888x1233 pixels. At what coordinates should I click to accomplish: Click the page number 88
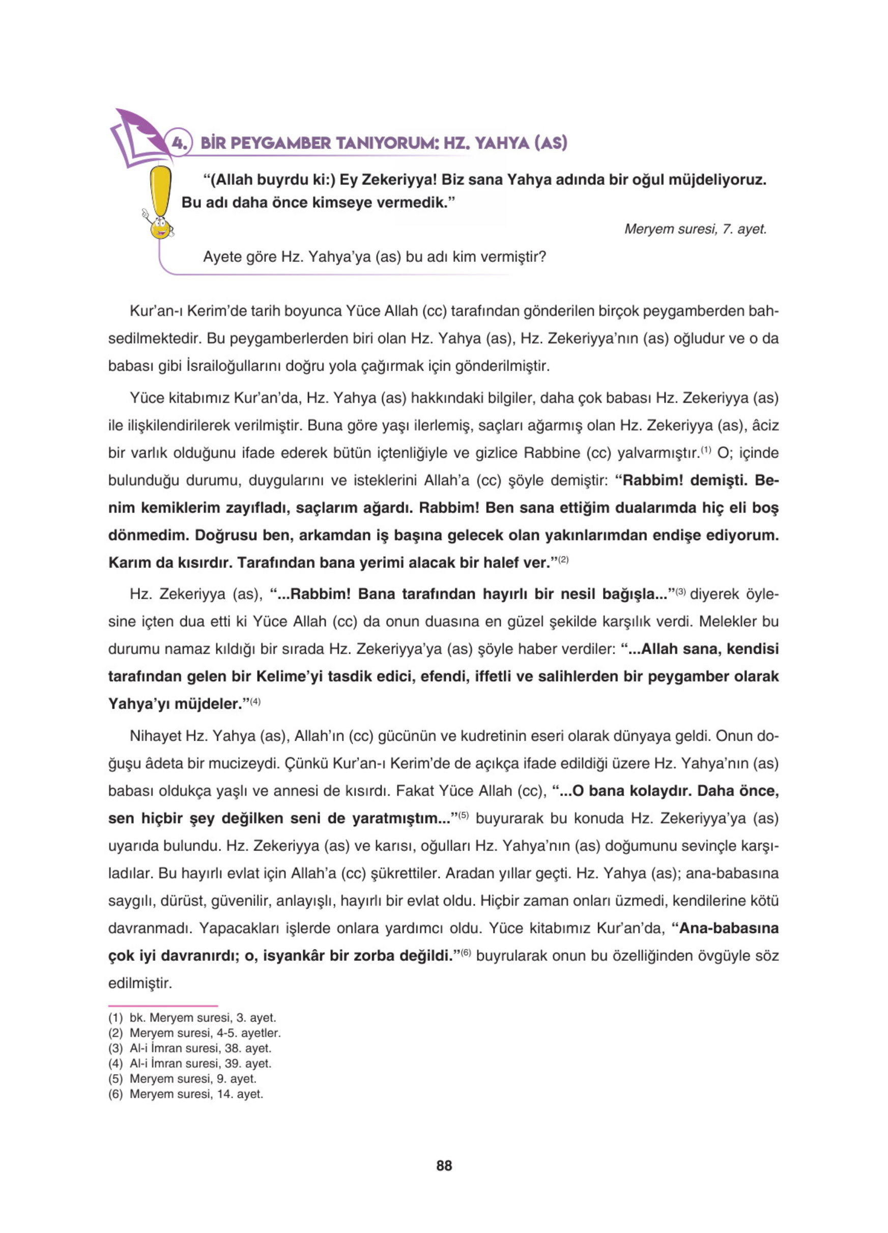(x=444, y=1165)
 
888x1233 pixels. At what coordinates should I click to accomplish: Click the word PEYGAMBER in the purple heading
(x=279, y=143)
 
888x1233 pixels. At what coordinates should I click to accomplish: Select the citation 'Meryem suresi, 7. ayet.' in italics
(x=695, y=229)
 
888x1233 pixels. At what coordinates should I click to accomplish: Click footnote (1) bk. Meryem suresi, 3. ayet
(x=192, y=1017)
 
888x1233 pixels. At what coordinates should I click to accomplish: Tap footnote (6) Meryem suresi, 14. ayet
(x=185, y=1094)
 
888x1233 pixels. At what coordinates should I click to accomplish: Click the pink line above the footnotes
(x=163, y=1006)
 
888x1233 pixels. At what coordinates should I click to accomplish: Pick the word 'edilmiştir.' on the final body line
(x=140, y=983)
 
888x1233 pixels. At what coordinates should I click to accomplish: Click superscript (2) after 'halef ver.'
(x=563, y=560)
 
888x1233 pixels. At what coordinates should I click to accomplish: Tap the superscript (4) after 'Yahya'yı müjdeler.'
(x=255, y=701)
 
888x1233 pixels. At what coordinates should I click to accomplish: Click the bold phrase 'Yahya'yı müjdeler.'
(x=175, y=704)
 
